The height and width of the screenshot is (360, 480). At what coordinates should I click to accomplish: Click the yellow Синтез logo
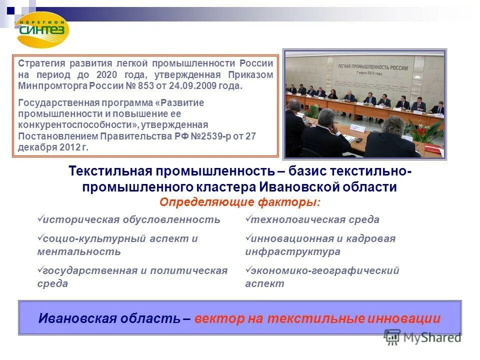(43, 29)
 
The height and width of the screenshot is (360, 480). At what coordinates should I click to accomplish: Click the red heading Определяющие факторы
(240, 202)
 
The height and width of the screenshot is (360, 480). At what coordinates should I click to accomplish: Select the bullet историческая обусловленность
(131, 219)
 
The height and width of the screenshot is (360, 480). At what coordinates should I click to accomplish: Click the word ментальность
(79, 251)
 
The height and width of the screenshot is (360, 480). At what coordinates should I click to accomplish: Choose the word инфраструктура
(292, 251)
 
